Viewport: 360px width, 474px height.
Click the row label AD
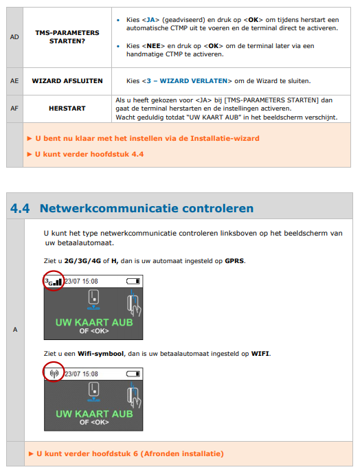(x=14, y=37)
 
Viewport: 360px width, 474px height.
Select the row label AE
(x=14, y=81)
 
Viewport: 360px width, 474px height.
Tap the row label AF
(x=14, y=109)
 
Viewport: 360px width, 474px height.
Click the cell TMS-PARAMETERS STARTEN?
(x=67, y=37)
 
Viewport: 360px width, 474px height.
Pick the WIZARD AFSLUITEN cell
(x=67, y=81)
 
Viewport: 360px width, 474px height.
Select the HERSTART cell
(x=67, y=109)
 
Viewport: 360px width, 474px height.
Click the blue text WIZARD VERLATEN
(x=194, y=81)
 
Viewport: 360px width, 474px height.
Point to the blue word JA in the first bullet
(x=150, y=20)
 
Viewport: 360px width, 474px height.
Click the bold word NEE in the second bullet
(x=154, y=46)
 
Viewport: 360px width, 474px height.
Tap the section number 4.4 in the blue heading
(x=20, y=208)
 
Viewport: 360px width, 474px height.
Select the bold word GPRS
(x=234, y=261)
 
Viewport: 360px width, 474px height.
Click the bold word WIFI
(x=260, y=354)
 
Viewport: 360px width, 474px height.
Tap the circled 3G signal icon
(x=54, y=282)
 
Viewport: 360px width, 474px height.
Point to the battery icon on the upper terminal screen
(x=133, y=282)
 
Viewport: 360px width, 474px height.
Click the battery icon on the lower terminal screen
(x=133, y=374)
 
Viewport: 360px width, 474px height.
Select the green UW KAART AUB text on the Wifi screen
(x=94, y=414)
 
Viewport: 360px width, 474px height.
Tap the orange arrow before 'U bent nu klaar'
(x=30, y=139)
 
